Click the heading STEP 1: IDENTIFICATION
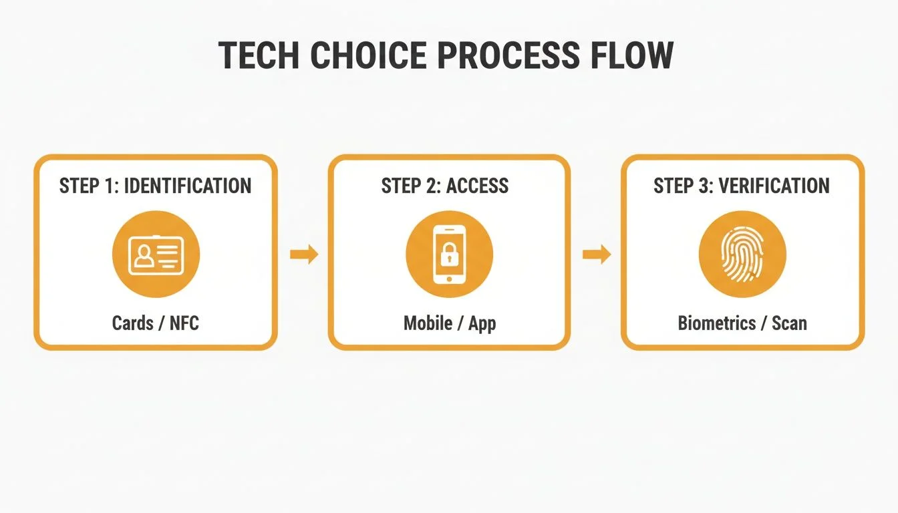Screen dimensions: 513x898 coord(155,186)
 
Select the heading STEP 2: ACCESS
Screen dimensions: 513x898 coord(445,186)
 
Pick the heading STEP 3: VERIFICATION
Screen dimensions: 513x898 coord(742,186)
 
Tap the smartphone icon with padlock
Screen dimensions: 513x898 coord(449,254)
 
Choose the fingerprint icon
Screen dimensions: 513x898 coord(742,254)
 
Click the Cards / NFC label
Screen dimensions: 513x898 coord(156,323)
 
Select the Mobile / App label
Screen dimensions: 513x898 coord(450,323)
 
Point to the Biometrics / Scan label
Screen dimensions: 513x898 coord(742,323)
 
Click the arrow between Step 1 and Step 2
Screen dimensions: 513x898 coord(304,254)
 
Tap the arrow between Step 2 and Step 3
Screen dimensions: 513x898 coord(597,254)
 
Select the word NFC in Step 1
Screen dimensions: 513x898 coord(184,323)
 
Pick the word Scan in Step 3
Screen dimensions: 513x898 coord(789,323)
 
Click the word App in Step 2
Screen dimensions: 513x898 coord(482,324)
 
